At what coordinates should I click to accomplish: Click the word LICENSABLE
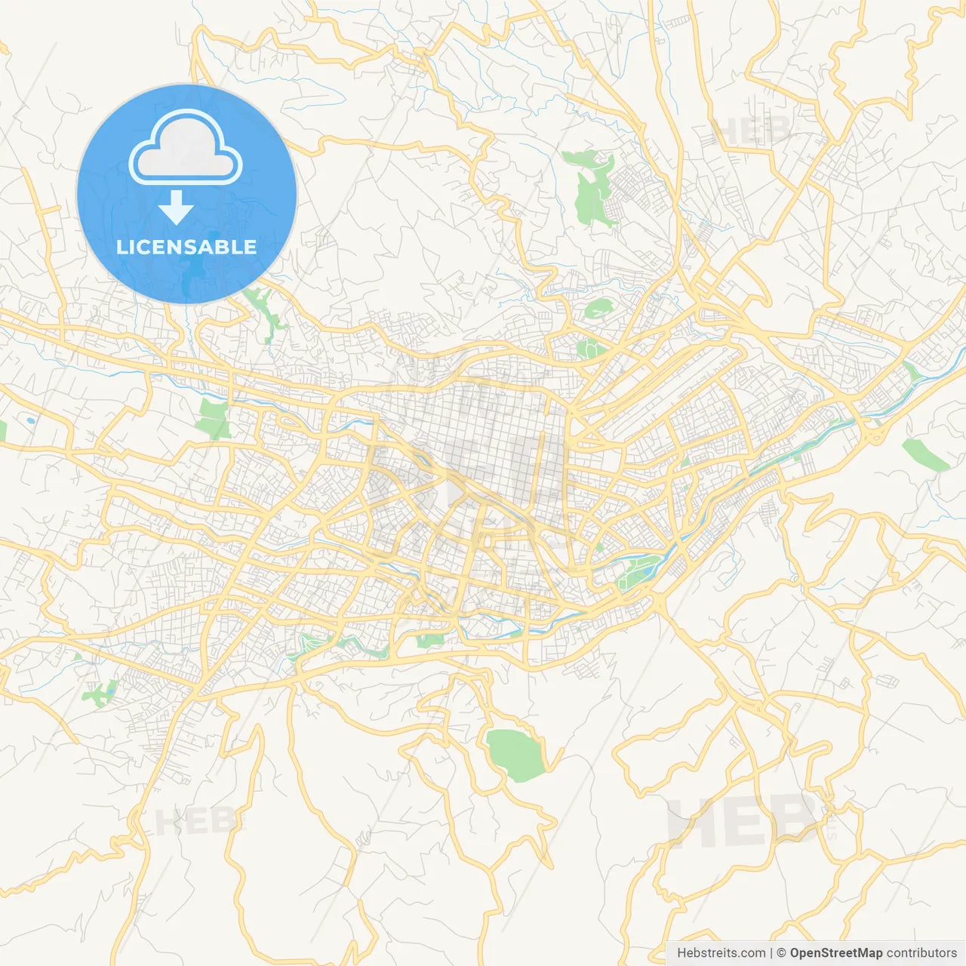pyautogui.click(x=186, y=247)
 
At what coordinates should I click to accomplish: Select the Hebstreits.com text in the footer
pyautogui.click(x=721, y=953)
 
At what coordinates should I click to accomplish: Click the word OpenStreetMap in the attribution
pyautogui.click(x=835, y=953)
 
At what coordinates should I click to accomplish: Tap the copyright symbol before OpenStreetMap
pyautogui.click(x=782, y=953)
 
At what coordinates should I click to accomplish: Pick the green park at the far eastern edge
pyautogui.click(x=926, y=454)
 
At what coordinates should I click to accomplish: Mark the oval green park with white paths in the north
pyautogui.click(x=598, y=308)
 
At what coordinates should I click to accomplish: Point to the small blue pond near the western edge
pyautogui.click(x=29, y=420)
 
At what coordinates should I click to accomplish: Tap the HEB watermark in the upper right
pyautogui.click(x=751, y=131)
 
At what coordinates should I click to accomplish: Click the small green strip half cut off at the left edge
pyautogui.click(x=2, y=430)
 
